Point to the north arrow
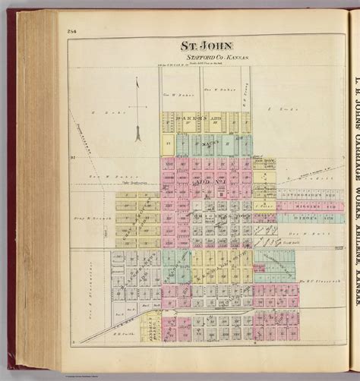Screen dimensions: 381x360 (x=137, y=114)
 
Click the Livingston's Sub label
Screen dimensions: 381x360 (x=298, y=184)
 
